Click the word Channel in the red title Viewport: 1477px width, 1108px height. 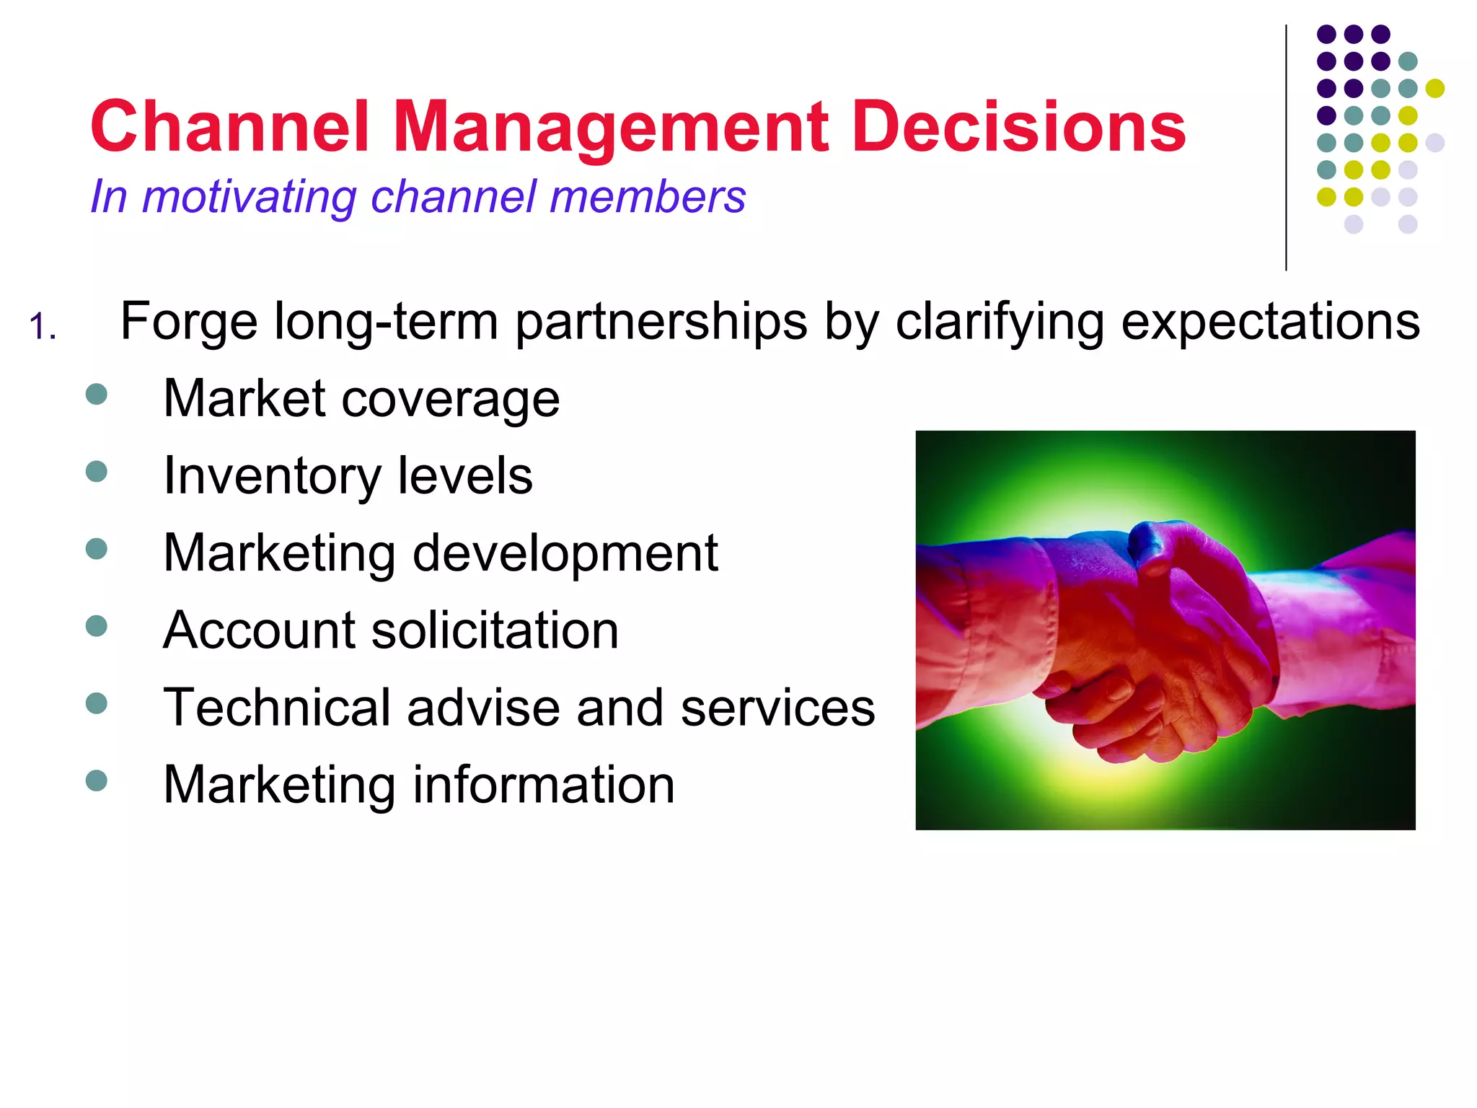[x=230, y=127]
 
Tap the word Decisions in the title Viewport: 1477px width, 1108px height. [x=1018, y=127]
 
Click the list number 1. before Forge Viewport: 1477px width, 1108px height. [x=43, y=327]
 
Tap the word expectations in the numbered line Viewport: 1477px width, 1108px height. [x=1270, y=322]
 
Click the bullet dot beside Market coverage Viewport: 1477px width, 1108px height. [x=96, y=394]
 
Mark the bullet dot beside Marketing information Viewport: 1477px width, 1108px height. [x=96, y=781]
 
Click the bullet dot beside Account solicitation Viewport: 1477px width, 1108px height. [x=96, y=625]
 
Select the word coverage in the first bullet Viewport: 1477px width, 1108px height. [x=450, y=399]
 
